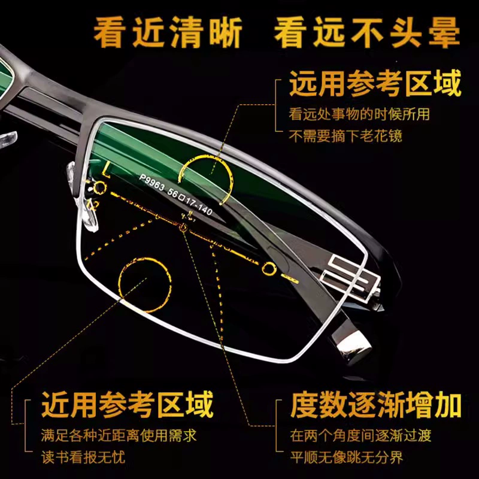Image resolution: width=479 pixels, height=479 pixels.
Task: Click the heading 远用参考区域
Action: tap(375, 83)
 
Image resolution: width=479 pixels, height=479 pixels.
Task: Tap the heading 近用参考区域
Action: tap(127, 405)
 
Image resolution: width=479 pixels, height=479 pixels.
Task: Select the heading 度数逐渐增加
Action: tap(376, 405)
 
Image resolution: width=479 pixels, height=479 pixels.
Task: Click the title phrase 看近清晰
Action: tap(168, 32)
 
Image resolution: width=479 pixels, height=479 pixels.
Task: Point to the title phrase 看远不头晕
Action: tap(367, 32)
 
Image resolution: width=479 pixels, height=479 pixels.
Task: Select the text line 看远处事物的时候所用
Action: tap(359, 114)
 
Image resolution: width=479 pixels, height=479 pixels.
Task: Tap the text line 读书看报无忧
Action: tap(83, 457)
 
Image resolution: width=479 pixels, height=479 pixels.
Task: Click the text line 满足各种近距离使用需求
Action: tap(119, 435)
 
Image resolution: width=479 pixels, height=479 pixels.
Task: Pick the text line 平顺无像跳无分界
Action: tap(347, 457)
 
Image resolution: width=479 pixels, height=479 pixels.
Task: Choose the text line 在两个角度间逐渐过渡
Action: tap(360, 435)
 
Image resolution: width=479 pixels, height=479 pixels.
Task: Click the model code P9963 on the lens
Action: tap(152, 183)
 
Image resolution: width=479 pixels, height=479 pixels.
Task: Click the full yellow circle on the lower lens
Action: tap(119, 284)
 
